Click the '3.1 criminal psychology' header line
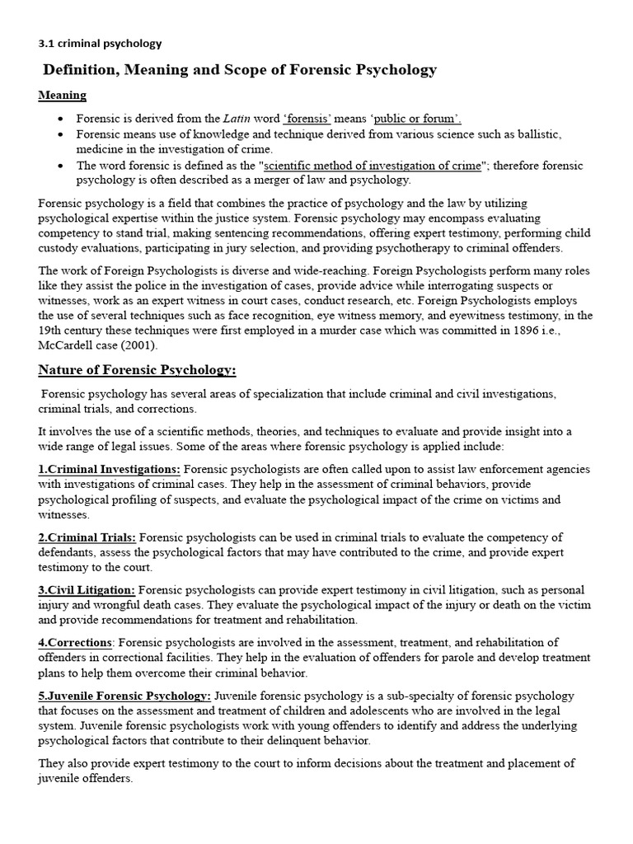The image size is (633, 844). pyautogui.click(x=100, y=43)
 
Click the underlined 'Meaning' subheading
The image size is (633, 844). pyautogui.click(x=62, y=96)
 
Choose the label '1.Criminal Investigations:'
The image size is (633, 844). pyautogui.click(x=109, y=469)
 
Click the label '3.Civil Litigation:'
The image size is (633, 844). pyautogui.click(x=87, y=590)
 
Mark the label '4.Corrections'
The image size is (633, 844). pyautogui.click(x=75, y=642)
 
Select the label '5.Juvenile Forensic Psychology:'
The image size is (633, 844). pyautogui.click(x=124, y=695)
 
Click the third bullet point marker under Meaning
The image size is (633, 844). pyautogui.click(x=62, y=166)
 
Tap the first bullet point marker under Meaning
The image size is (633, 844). pyautogui.click(x=62, y=120)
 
